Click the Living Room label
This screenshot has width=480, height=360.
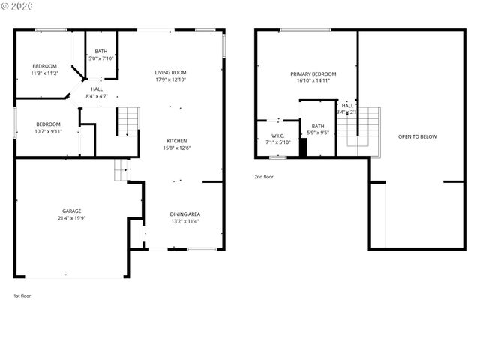[170, 72]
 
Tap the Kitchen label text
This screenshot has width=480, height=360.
[177, 140]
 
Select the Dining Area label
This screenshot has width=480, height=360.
[184, 214]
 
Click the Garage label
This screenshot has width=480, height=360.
[72, 211]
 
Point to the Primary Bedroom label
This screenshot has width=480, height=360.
[313, 73]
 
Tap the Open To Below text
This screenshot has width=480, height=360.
[417, 136]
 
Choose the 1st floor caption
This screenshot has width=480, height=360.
[22, 295]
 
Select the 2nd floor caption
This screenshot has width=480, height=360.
[264, 177]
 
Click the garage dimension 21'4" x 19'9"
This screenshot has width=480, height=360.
[72, 218]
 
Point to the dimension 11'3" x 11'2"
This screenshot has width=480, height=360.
[44, 73]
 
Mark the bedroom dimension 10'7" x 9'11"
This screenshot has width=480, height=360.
[49, 131]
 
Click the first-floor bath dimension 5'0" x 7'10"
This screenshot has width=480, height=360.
[101, 58]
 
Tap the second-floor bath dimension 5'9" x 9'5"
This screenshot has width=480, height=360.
[318, 133]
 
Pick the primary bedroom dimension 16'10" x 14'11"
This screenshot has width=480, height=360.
[313, 80]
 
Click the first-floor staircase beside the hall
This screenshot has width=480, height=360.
[128, 121]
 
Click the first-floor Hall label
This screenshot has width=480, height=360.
[97, 88]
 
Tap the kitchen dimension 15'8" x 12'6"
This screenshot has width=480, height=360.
[177, 148]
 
